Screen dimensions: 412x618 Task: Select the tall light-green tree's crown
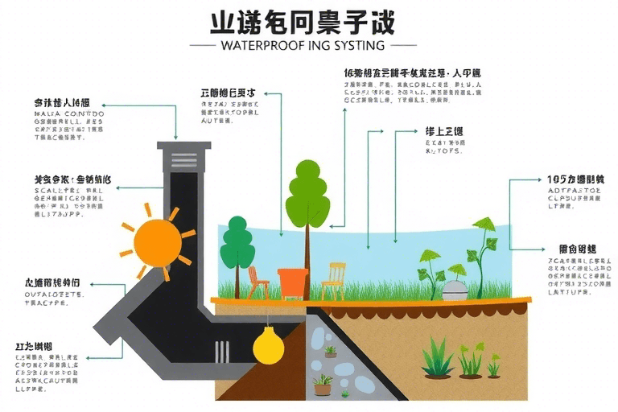click(x=307, y=196)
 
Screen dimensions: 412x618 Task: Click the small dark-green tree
click(x=237, y=245)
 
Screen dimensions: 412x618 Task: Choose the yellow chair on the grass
click(x=334, y=281)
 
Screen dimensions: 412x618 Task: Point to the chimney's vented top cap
click(x=184, y=156)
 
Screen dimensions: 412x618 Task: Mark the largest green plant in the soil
click(x=439, y=359)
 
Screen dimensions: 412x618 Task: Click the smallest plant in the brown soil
click(x=493, y=367)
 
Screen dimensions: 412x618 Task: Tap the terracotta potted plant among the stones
click(x=323, y=385)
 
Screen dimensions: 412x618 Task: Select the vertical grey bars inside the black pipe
click(x=220, y=352)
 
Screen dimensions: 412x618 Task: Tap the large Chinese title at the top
click(x=302, y=21)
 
